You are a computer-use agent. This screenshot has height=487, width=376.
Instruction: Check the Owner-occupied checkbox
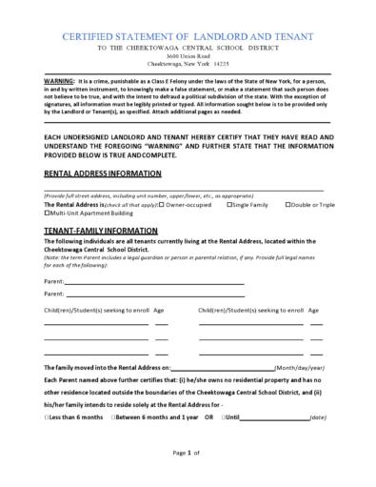click(x=162, y=204)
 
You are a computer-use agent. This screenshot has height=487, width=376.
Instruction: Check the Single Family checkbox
click(x=228, y=204)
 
